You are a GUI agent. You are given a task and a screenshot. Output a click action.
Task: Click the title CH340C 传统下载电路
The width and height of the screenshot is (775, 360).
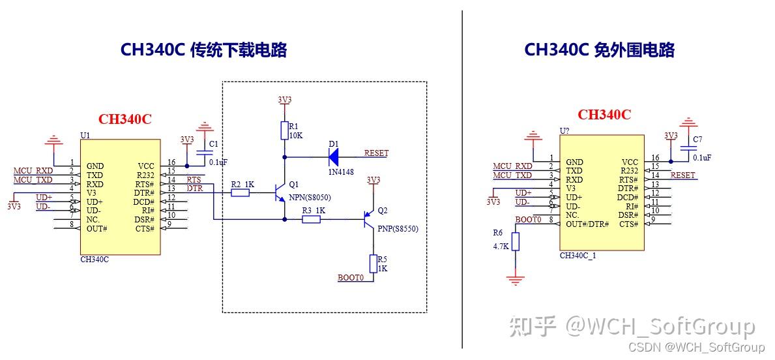click(203, 50)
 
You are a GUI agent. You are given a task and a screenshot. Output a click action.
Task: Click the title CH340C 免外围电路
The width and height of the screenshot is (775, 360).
click(599, 50)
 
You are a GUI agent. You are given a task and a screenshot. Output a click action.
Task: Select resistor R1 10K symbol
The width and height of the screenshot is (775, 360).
click(284, 130)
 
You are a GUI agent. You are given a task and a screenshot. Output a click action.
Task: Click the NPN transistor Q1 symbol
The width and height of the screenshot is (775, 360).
click(281, 194)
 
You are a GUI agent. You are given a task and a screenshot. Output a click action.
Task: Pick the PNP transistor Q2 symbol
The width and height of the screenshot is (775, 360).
click(369, 220)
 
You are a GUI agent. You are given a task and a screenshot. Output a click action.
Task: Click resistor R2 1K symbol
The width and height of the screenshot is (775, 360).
click(241, 193)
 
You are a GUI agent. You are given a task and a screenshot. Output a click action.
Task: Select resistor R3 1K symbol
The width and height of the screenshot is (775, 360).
click(311, 220)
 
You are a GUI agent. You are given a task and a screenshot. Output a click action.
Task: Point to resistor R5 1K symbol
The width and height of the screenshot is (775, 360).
click(373, 264)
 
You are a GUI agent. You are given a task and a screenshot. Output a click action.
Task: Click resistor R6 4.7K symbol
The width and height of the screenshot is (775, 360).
click(516, 243)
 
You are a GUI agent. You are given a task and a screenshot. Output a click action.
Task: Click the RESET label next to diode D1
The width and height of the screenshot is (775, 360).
click(376, 153)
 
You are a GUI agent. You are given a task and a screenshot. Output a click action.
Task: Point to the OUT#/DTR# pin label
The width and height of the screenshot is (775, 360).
click(587, 224)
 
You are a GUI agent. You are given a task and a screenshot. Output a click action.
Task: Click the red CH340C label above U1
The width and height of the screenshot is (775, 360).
click(124, 119)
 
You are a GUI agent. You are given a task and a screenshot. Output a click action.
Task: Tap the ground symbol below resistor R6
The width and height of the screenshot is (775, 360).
click(516, 279)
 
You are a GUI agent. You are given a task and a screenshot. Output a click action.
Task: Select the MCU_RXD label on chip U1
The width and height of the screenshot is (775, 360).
click(33, 171)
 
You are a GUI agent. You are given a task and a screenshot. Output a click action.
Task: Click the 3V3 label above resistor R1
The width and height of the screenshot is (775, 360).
click(284, 100)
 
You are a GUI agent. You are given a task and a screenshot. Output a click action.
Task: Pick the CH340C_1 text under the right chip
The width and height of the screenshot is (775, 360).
click(578, 256)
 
